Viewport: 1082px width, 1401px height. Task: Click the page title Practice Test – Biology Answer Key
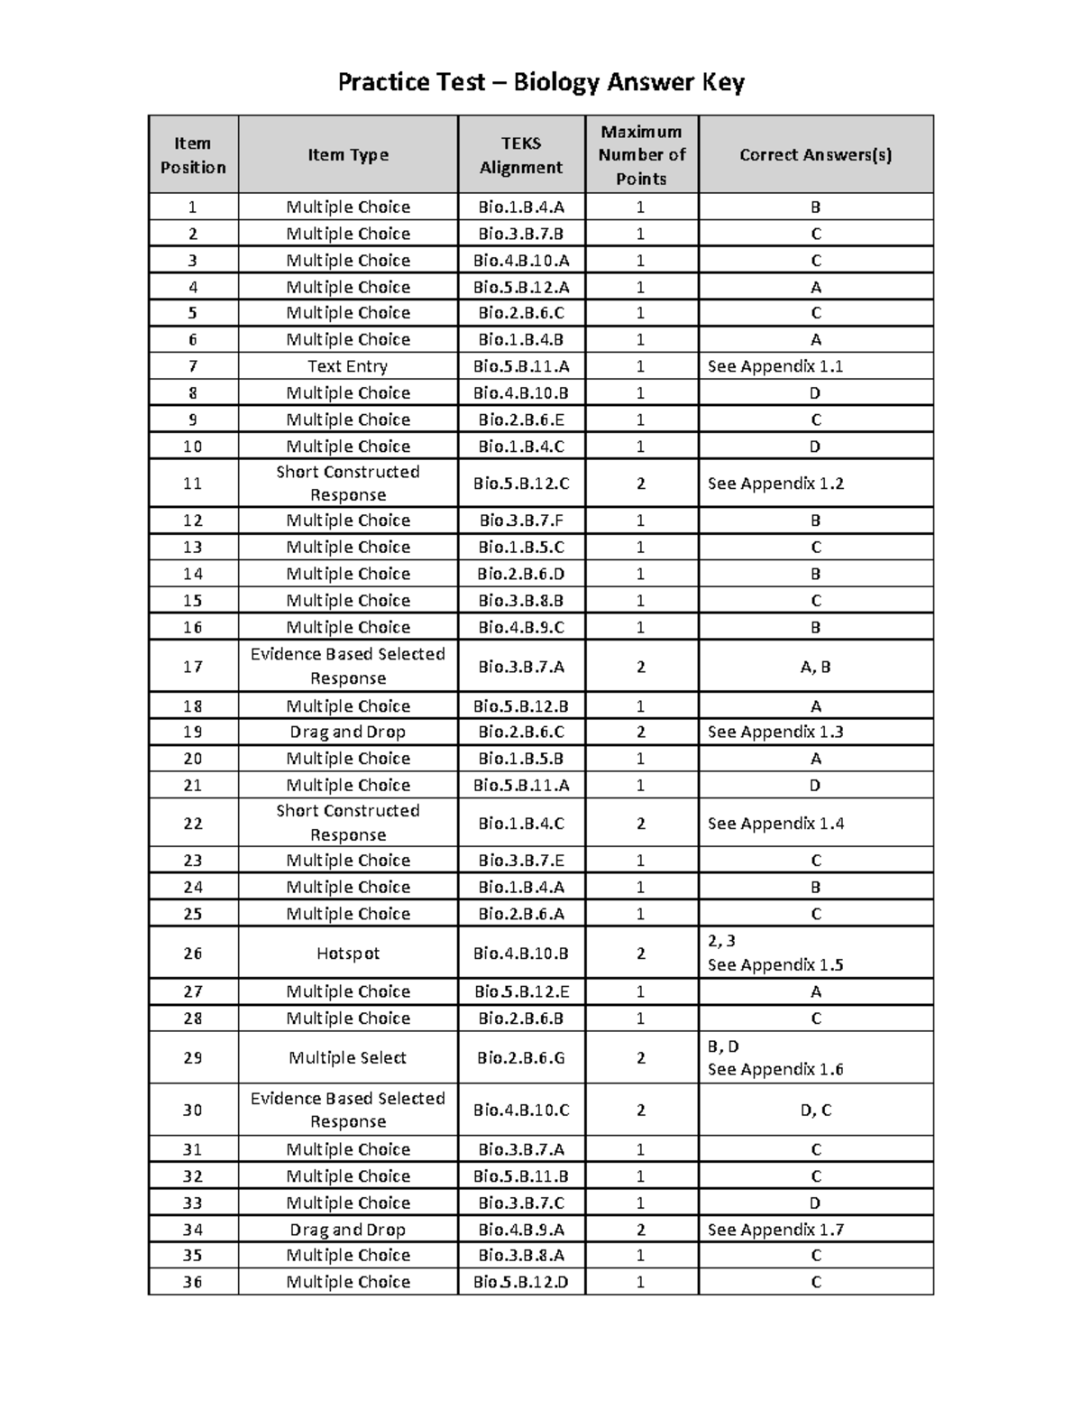pyautogui.click(x=540, y=83)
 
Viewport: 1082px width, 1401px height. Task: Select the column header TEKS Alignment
pyautogui.click(x=521, y=155)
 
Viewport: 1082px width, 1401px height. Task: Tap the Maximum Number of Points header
pyautogui.click(x=641, y=155)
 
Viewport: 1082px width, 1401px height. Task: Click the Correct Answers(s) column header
pyautogui.click(x=815, y=155)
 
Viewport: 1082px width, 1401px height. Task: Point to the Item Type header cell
pyautogui.click(x=348, y=155)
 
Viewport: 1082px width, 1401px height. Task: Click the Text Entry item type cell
pyautogui.click(x=348, y=366)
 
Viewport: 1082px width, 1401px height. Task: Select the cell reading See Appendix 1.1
pyautogui.click(x=775, y=366)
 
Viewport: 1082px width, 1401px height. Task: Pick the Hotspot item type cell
pyautogui.click(x=348, y=954)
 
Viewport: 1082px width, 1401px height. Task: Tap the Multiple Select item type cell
pyautogui.click(x=348, y=1058)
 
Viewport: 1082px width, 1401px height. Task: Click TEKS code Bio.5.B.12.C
pyautogui.click(x=521, y=484)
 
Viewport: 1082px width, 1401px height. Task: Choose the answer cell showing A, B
pyautogui.click(x=815, y=668)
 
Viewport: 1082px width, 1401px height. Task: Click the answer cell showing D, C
pyautogui.click(x=815, y=1111)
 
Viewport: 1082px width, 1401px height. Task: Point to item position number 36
pyautogui.click(x=193, y=1282)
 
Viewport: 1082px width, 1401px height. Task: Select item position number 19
pyautogui.click(x=193, y=733)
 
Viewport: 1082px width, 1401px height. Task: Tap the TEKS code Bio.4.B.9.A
pyautogui.click(x=521, y=1230)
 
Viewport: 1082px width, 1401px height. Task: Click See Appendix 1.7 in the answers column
pyautogui.click(x=775, y=1230)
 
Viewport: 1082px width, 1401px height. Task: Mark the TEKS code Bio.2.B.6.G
pyautogui.click(x=521, y=1058)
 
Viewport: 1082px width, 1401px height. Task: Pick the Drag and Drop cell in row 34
pyautogui.click(x=348, y=1230)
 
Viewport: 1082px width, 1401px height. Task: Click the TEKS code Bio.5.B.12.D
pyautogui.click(x=521, y=1282)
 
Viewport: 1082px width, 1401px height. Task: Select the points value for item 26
pyautogui.click(x=641, y=954)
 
